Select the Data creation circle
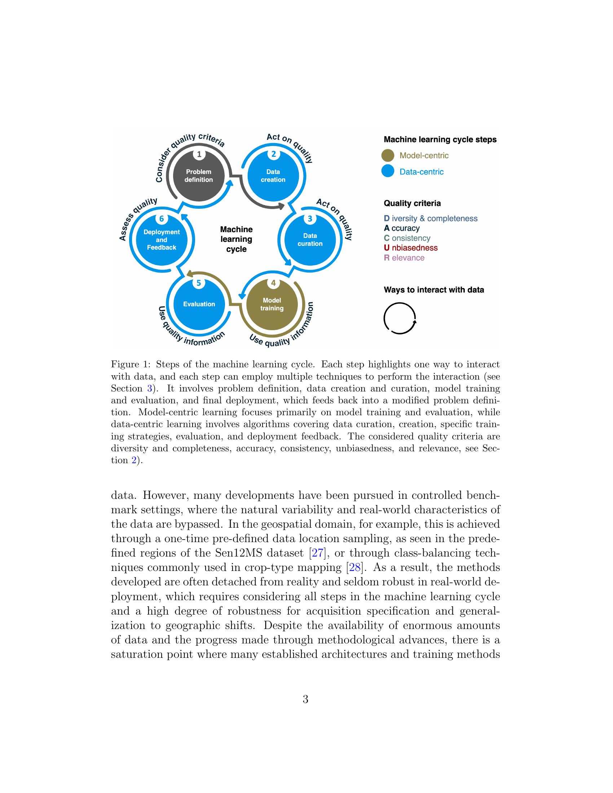point(273,176)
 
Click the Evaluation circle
point(199,304)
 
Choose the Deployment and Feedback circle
point(162,240)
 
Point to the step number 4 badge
point(273,283)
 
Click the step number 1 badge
point(199,154)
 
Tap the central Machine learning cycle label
point(237,239)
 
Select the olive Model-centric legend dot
point(388,155)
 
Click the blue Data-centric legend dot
point(388,171)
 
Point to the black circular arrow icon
point(400,318)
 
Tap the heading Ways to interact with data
point(433,290)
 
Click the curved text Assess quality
point(138,218)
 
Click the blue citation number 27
point(317,553)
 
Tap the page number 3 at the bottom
point(305,699)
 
